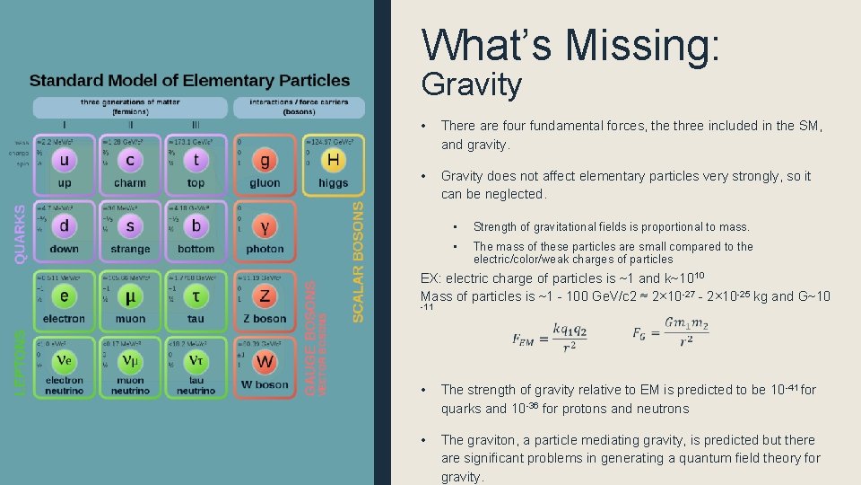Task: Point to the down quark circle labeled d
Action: [x=65, y=227]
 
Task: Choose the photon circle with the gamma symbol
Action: [x=265, y=227]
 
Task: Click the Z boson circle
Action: [x=265, y=295]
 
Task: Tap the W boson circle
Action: [x=265, y=362]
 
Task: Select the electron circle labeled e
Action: [x=65, y=295]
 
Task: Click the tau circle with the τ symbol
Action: [x=196, y=295]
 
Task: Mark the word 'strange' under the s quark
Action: [x=130, y=249]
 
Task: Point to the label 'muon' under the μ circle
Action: [x=130, y=318]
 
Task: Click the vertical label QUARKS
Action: [x=20, y=233]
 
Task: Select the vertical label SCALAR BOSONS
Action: [x=358, y=261]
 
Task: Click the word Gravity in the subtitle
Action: [x=471, y=84]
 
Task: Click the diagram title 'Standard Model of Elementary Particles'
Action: [x=189, y=81]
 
